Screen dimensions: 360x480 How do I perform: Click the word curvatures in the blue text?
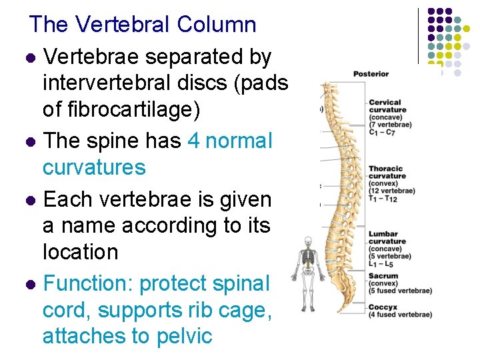pyautogui.click(x=94, y=167)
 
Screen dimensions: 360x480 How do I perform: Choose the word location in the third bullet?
pyautogui.click(x=80, y=252)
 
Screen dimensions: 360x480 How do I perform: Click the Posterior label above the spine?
pyautogui.click(x=371, y=73)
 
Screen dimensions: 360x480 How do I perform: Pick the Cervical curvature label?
pyautogui.click(x=387, y=106)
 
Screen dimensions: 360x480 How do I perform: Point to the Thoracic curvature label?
pyautogui.click(x=387, y=173)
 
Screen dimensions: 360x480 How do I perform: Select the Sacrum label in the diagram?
pyautogui.click(x=383, y=276)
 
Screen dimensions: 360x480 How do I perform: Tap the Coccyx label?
pyautogui.click(x=383, y=307)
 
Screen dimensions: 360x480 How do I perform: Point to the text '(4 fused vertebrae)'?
pyautogui.click(x=400, y=315)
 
